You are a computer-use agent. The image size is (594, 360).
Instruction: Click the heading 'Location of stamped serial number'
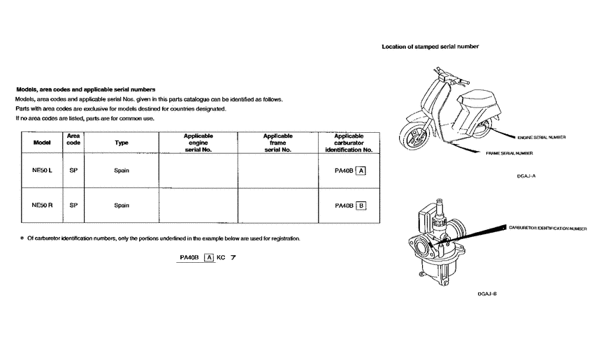point(430,47)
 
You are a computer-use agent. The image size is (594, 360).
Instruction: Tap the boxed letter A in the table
point(361,171)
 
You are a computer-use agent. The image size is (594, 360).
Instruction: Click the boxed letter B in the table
point(361,206)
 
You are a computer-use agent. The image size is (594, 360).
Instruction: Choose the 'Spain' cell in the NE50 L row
point(122,171)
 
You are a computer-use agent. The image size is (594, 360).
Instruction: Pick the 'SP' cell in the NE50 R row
point(73,206)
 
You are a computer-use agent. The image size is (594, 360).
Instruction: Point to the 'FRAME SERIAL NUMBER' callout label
point(509,152)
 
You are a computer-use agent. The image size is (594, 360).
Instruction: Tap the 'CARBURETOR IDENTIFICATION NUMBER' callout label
point(548,228)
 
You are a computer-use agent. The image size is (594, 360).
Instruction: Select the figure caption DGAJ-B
point(486,294)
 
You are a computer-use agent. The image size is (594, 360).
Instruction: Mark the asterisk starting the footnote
point(22,239)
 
